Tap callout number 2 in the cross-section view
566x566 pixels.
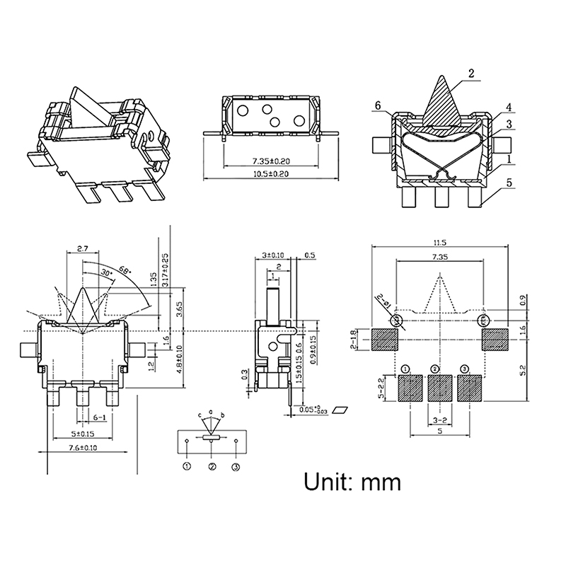click(x=471, y=73)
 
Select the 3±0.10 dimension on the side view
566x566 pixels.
click(x=272, y=255)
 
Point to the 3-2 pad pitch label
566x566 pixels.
click(x=440, y=420)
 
